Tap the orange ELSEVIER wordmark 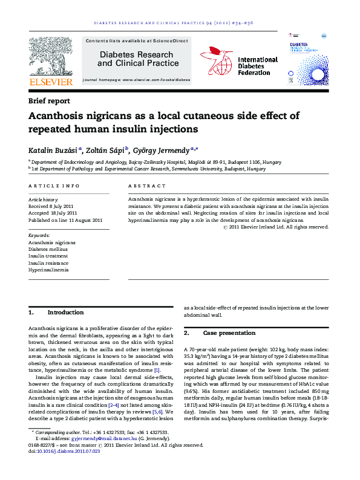click(x=51, y=82)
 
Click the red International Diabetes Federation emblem click(x=216, y=61)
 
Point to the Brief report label click(x=49, y=101)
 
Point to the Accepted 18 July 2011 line click(x=53, y=213)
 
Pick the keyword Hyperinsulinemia click(x=48, y=270)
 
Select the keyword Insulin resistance click(x=48, y=264)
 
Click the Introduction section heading click(x=65, y=313)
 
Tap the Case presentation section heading click(x=229, y=333)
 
